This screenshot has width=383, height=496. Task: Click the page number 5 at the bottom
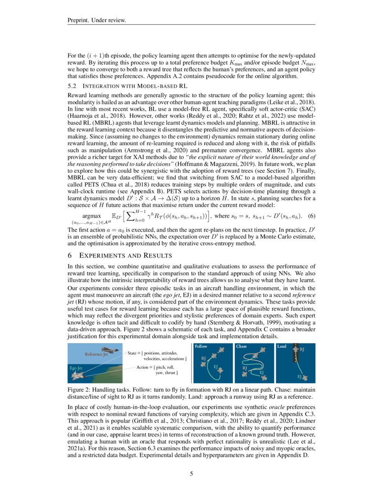[191, 474]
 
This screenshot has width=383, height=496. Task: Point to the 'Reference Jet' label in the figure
[96, 354]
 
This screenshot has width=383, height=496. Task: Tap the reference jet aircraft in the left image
[109, 350]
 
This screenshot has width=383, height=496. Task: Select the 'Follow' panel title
[201, 346]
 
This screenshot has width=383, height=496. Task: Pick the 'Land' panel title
[282, 346]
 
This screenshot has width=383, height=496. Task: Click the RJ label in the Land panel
[302, 350]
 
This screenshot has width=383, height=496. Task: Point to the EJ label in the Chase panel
[262, 372]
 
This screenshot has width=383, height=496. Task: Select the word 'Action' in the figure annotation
[144, 367]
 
